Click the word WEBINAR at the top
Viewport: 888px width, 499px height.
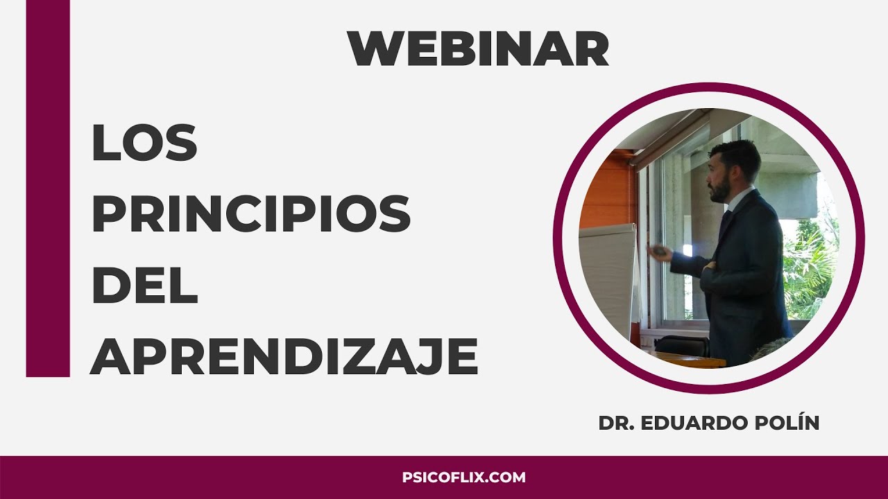[x=478, y=49]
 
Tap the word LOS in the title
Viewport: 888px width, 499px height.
[x=144, y=143]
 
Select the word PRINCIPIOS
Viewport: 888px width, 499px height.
[x=251, y=216]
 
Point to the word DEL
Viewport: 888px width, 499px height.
[x=144, y=287]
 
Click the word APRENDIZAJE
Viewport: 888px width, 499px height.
[x=284, y=358]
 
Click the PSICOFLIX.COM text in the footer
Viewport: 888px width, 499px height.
[x=464, y=478]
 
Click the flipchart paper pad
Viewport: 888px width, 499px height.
[x=606, y=277]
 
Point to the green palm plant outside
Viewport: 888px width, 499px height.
[x=812, y=263]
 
